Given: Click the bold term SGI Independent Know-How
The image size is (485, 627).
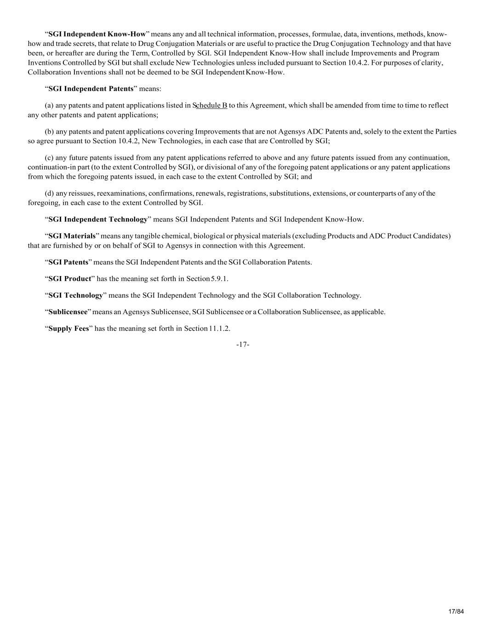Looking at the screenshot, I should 97,34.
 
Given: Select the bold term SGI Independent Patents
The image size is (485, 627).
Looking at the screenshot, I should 91,89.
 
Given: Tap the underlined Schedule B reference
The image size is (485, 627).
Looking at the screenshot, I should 210,105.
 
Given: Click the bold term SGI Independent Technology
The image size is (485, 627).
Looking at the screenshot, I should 98,219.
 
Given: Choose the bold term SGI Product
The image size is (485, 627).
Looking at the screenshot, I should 70,279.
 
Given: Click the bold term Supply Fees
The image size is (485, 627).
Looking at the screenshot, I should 68,328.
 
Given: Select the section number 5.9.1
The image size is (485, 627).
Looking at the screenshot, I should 219,279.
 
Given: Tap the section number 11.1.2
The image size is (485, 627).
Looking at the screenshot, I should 220,328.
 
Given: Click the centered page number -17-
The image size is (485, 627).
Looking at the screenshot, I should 242,345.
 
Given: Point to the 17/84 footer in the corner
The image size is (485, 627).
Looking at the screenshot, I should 456,611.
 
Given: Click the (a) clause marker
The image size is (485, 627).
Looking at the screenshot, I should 49,105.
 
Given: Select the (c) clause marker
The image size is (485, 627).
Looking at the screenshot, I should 49,158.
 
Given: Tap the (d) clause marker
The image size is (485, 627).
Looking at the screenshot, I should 49,193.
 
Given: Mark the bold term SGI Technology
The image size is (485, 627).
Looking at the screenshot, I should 76,295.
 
